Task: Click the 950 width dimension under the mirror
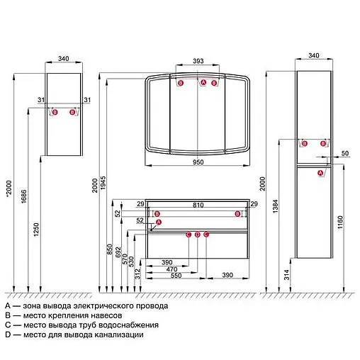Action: [198, 162]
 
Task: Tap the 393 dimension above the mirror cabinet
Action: [198, 61]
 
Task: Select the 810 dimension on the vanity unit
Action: [198, 205]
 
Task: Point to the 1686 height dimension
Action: [24, 196]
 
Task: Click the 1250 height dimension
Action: [36, 230]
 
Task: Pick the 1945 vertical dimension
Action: [103, 183]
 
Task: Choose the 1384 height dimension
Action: [276, 206]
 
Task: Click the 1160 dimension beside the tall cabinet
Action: [340, 222]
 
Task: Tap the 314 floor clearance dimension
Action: [286, 274]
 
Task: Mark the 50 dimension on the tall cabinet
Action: [345, 153]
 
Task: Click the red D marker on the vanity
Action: [198, 235]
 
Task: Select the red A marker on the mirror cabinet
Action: [203, 82]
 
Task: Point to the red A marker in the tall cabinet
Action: [320, 173]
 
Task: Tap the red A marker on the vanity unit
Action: [159, 222]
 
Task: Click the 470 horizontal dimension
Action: [171, 269]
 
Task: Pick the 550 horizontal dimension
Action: [176, 276]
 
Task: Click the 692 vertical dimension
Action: [118, 252]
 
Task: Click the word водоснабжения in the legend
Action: [128, 325]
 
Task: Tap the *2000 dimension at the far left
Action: [9, 188]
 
